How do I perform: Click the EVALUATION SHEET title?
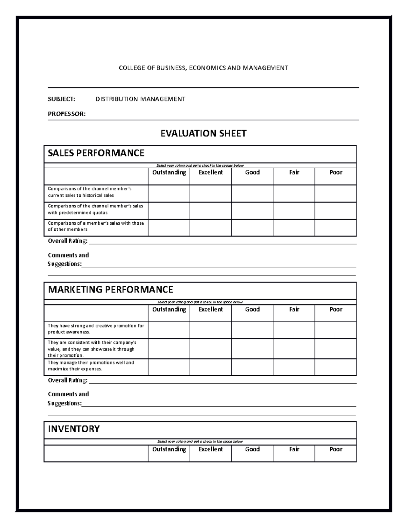(x=203, y=133)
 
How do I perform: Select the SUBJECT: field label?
(x=61, y=99)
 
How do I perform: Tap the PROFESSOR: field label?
(x=66, y=114)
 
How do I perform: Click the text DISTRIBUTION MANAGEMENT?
(x=140, y=99)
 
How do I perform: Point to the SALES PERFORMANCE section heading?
(x=96, y=153)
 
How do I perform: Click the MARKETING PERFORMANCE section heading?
(x=111, y=289)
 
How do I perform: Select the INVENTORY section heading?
(x=74, y=429)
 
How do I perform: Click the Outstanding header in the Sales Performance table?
(x=169, y=172)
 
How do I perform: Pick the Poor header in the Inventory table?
(x=335, y=449)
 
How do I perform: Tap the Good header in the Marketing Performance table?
(x=252, y=309)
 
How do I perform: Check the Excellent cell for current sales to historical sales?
(x=211, y=193)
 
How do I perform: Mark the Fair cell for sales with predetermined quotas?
(x=294, y=211)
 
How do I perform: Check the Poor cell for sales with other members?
(x=335, y=228)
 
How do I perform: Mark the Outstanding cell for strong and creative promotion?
(x=169, y=330)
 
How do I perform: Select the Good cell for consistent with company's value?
(x=252, y=349)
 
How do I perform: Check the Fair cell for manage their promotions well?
(x=294, y=367)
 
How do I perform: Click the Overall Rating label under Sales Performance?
(x=68, y=241)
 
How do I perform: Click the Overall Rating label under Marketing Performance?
(x=68, y=380)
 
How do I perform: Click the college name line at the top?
(x=203, y=68)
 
